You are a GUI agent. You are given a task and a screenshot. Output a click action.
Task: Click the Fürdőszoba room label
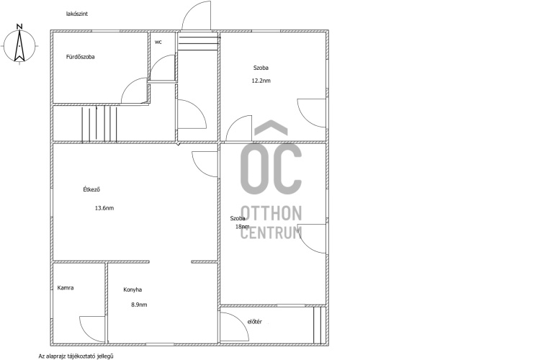81,57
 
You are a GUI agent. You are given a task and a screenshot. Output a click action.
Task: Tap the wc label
158,42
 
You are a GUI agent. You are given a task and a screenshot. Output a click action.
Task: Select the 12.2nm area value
261,81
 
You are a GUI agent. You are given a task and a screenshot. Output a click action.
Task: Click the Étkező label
91,189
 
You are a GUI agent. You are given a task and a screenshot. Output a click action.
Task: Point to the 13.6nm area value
104,208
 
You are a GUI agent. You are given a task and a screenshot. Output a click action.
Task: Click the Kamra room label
66,288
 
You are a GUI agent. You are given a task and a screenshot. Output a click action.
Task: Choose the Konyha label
133,289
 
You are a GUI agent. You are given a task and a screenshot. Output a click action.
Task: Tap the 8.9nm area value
139,305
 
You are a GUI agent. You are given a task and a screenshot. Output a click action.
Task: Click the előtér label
254,322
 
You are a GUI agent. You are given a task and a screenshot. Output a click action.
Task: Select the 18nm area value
243,227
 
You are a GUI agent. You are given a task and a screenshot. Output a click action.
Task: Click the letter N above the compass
19,27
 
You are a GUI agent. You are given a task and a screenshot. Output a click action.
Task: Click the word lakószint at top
77,14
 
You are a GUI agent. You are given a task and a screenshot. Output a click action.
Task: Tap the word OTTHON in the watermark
271,213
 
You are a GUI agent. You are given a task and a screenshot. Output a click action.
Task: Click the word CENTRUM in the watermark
271,233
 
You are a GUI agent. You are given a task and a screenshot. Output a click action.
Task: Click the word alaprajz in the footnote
55,356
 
